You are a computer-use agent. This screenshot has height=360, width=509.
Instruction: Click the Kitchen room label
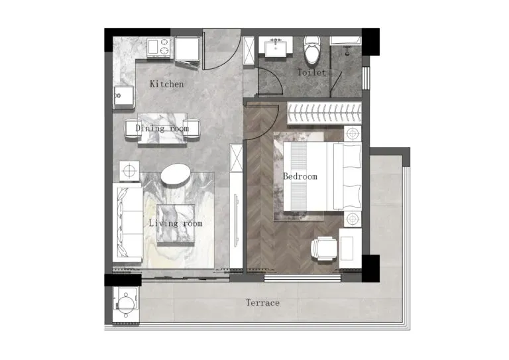tap(166, 84)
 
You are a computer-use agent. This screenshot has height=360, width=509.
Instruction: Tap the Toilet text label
tap(311, 72)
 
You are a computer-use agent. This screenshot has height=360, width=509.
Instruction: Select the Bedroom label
tap(300, 176)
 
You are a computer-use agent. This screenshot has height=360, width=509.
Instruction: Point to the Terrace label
tap(262, 303)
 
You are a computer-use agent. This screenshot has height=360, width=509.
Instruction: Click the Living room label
tap(176, 223)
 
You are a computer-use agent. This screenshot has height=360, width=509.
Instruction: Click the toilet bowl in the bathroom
tap(312, 50)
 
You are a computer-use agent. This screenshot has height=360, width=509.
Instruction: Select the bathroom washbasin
tap(276, 48)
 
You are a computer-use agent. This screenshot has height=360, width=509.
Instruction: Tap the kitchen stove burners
tap(159, 47)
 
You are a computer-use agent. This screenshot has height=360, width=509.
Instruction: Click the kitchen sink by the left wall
tap(124, 97)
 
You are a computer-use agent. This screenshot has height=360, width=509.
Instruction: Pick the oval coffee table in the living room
tap(176, 174)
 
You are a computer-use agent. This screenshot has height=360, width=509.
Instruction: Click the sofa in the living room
tap(127, 222)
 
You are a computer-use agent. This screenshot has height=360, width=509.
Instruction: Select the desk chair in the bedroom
tap(323, 249)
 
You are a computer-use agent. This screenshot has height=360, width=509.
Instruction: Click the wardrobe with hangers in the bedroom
tap(324, 113)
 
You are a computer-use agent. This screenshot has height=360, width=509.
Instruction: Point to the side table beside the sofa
tap(129, 171)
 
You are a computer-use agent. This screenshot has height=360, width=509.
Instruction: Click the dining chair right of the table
tap(192, 129)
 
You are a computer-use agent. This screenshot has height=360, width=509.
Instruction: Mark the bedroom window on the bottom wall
tap(302, 278)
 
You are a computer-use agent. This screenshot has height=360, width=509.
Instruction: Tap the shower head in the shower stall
tap(348, 51)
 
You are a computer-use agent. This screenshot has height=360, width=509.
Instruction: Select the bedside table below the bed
tap(353, 219)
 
